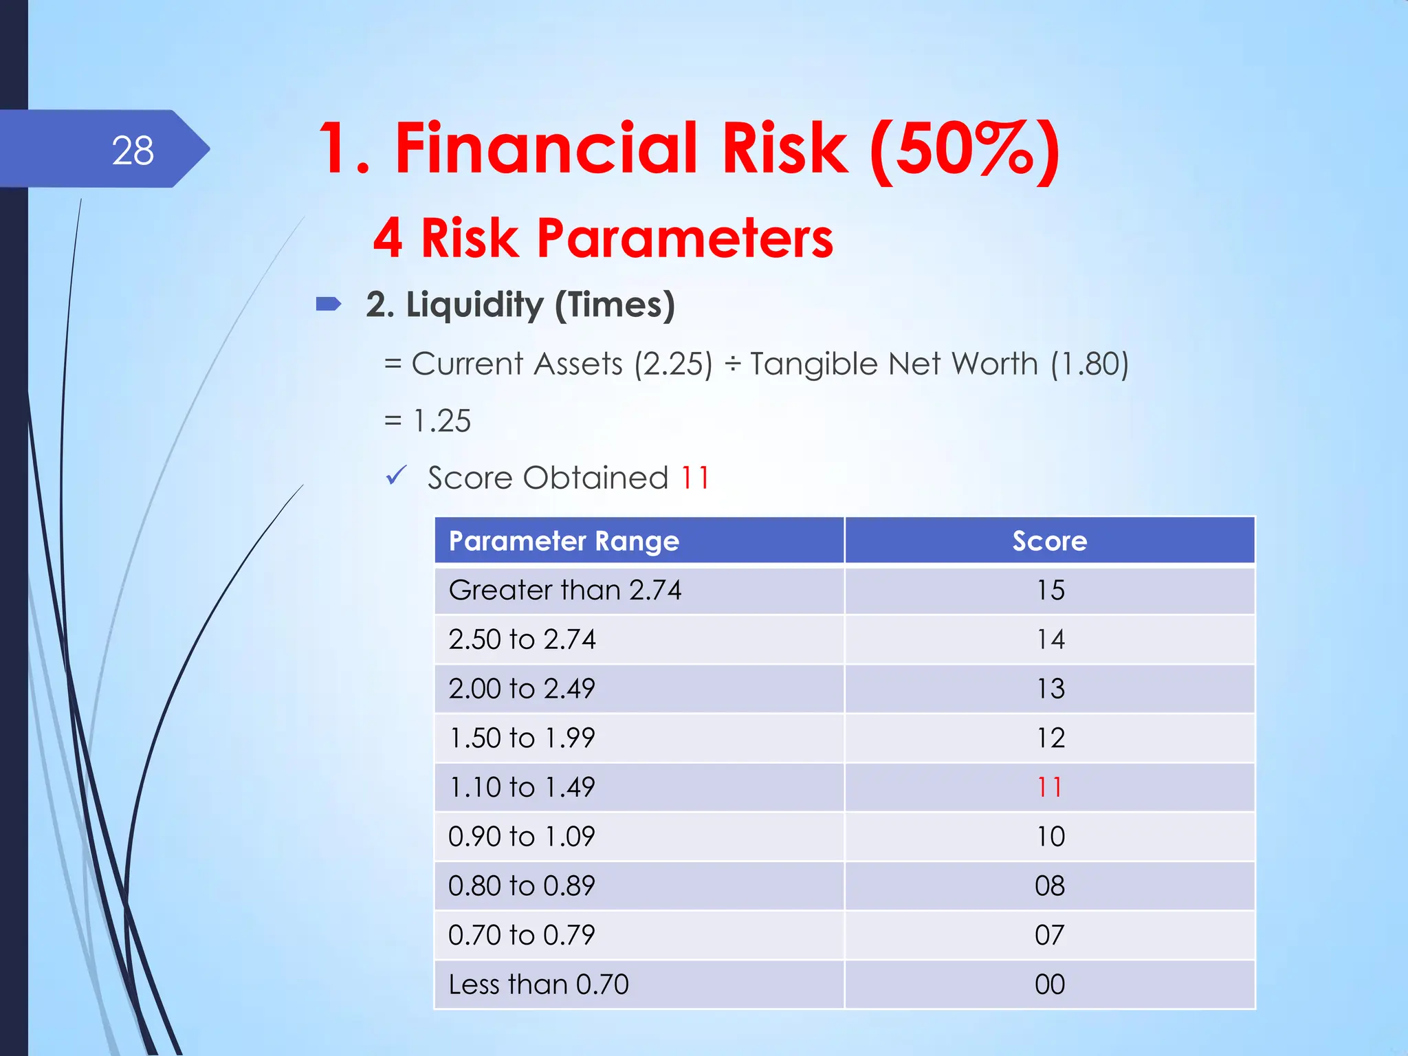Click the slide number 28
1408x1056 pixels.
coord(133,151)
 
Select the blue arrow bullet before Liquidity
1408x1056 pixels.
coord(329,304)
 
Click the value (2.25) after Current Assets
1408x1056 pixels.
coord(673,364)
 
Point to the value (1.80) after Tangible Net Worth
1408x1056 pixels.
coord(1089,364)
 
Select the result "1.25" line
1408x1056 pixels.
coord(442,421)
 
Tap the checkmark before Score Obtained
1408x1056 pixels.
coord(396,475)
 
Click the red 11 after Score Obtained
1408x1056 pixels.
coord(695,478)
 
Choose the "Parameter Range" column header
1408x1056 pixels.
coord(564,541)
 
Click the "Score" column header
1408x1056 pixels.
coord(1050,541)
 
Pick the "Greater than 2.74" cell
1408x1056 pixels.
coord(565,591)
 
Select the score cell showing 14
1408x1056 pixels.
coord(1050,639)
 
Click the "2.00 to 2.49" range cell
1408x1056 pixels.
coord(522,689)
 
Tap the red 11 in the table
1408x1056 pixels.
coord(1050,787)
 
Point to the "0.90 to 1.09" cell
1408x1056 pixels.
coord(522,837)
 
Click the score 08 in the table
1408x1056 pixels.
coord(1050,886)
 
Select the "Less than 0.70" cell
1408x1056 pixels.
coord(538,984)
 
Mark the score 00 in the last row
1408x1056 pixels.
coord(1050,984)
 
